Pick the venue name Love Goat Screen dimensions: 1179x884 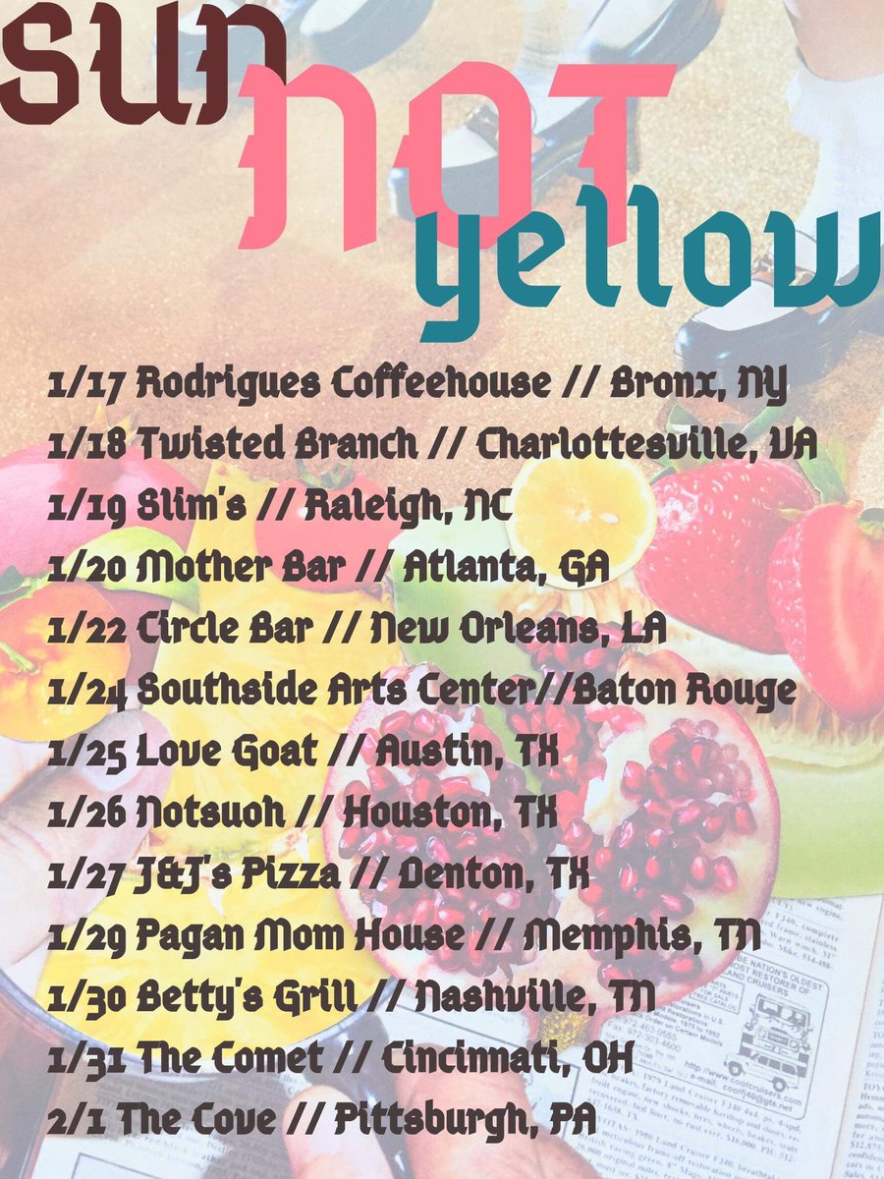pos(226,753)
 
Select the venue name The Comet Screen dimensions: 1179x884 pos(230,1058)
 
